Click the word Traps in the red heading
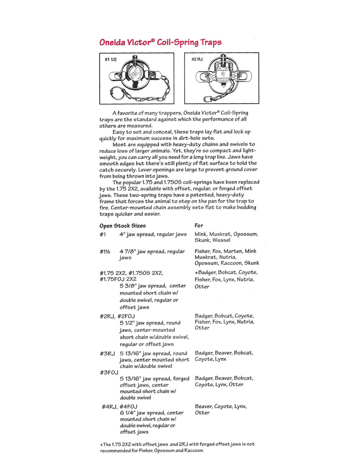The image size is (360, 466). click(x=209, y=42)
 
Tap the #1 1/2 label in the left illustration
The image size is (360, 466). click(x=110, y=60)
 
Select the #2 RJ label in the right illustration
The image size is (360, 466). click(x=197, y=59)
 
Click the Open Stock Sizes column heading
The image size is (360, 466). click(x=123, y=226)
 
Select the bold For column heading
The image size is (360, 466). click(x=199, y=226)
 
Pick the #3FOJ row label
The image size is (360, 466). click(x=109, y=372)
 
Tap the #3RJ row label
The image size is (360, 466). click(x=107, y=353)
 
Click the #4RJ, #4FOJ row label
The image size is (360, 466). click(x=119, y=406)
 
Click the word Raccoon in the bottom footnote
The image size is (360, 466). click(x=193, y=450)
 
